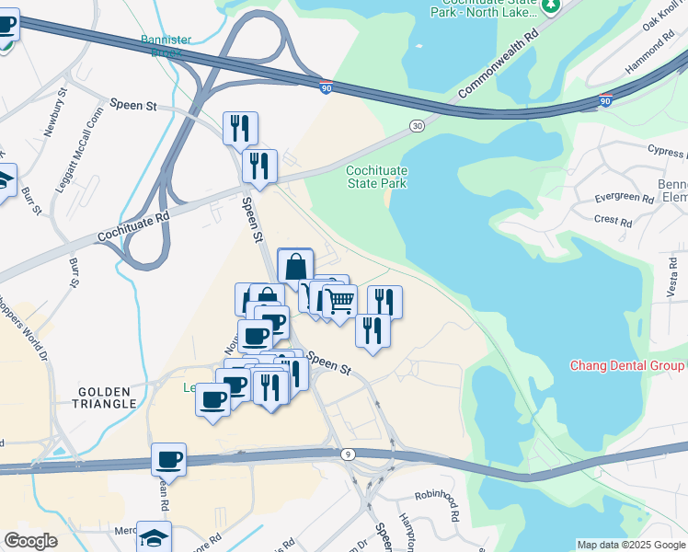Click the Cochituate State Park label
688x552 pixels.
(x=376, y=177)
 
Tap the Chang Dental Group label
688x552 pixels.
(x=628, y=365)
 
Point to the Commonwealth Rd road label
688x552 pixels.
(x=498, y=64)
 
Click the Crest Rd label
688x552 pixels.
(x=613, y=221)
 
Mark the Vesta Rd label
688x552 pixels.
(x=672, y=276)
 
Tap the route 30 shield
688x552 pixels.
(x=418, y=125)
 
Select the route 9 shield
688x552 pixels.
(x=348, y=454)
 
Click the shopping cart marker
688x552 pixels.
(x=339, y=300)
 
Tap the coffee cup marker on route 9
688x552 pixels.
(x=169, y=459)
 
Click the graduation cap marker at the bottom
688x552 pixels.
(x=155, y=536)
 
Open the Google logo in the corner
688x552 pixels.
(x=30, y=541)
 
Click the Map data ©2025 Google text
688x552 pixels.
(x=631, y=545)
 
